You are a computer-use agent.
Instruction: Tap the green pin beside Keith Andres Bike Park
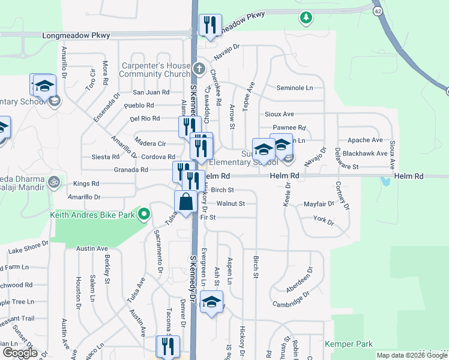pos(144,214)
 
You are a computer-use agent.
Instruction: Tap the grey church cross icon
pos(199,67)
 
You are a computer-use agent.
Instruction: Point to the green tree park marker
pos(306,17)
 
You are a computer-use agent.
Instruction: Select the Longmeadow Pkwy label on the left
pos(76,35)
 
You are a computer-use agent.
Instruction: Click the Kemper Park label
pos(349,344)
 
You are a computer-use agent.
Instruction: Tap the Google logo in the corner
pos(19,353)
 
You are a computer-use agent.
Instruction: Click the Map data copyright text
pos(412,355)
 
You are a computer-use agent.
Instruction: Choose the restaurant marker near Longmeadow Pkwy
pos(210,26)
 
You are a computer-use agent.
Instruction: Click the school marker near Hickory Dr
pos(211,302)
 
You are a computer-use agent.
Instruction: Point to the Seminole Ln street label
pos(295,88)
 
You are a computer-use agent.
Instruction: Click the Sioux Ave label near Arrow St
pos(279,113)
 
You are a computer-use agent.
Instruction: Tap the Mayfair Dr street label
pos(319,204)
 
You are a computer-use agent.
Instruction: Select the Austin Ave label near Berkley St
pos(92,248)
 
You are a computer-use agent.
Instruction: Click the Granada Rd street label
pos(131,170)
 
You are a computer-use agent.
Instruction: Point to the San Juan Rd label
pos(151,92)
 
